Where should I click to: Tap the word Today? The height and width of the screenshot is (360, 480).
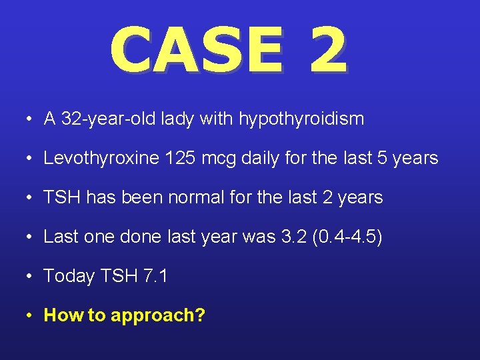coord(69,276)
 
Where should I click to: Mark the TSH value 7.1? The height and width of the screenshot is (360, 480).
coord(155,276)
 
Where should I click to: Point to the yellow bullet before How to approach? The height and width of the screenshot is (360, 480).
coord(31,315)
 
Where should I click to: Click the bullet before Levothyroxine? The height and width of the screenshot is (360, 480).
coord(31,159)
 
